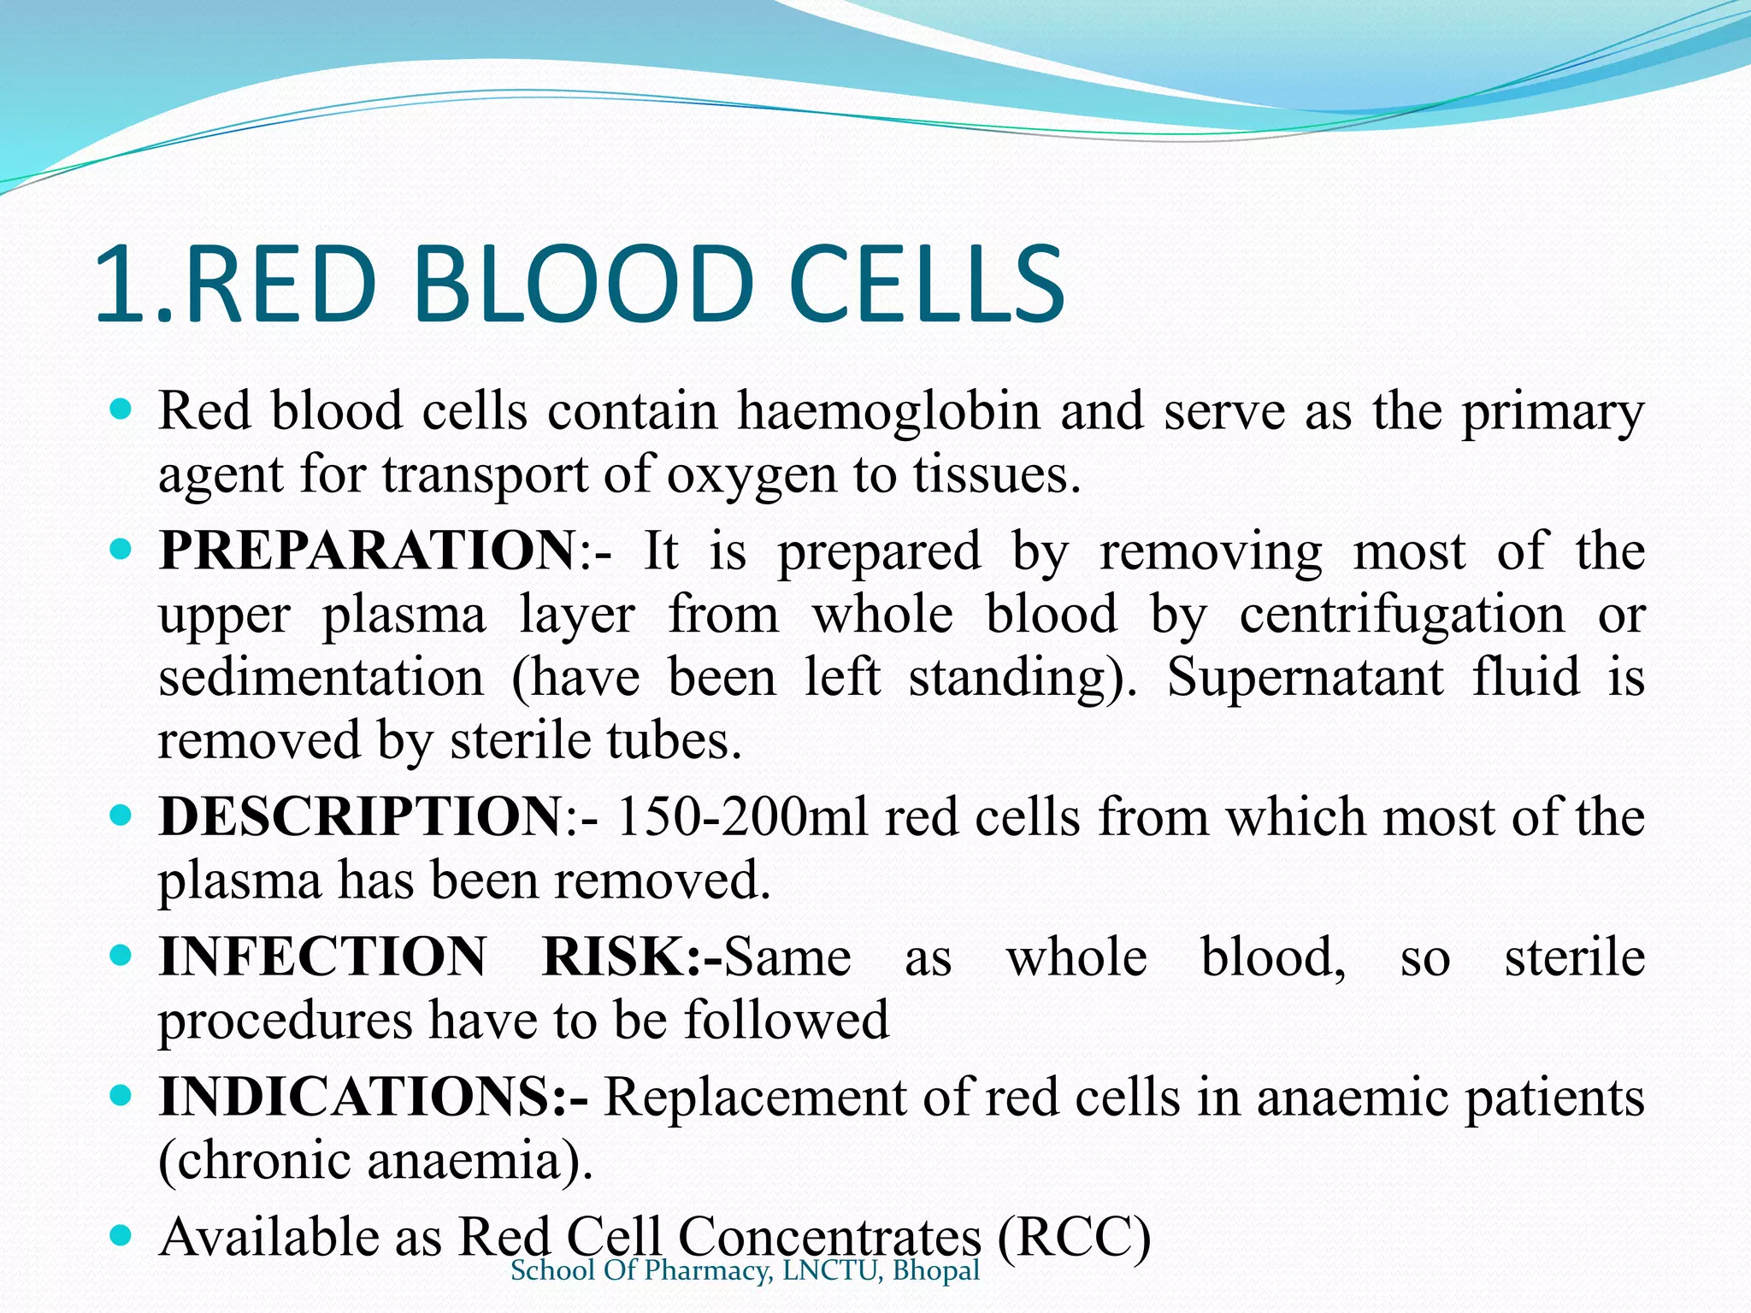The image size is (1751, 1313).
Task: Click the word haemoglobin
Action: pyautogui.click(x=888, y=412)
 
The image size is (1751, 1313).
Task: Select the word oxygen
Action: pyautogui.click(x=751, y=475)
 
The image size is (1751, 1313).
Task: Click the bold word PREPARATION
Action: pyautogui.click(x=368, y=551)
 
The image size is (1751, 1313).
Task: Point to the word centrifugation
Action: pyautogui.click(x=1402, y=615)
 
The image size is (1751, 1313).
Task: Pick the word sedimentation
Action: pyautogui.click(x=321, y=678)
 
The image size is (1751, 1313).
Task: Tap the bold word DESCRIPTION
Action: pyautogui.click(x=360, y=817)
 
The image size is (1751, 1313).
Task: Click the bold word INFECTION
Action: pyautogui.click(x=323, y=957)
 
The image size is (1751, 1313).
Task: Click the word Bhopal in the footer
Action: pyautogui.click(x=935, y=1271)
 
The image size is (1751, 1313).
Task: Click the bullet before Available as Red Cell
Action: pyautogui.click(x=121, y=1234)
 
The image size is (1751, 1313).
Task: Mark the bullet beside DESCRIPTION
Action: pyautogui.click(x=121, y=815)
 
